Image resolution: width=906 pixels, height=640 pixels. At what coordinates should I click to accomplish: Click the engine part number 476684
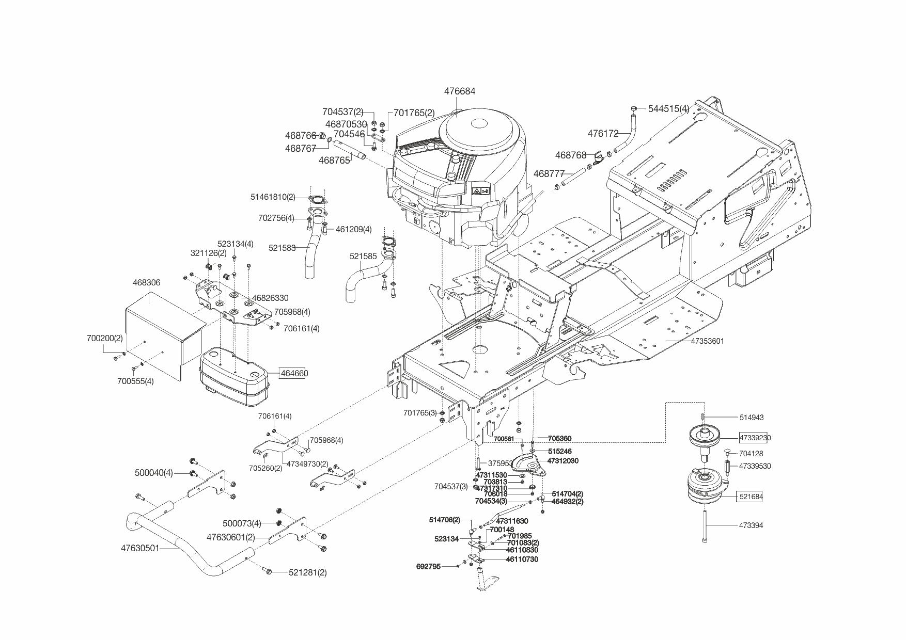(460, 91)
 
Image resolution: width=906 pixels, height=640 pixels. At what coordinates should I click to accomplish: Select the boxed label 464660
(293, 373)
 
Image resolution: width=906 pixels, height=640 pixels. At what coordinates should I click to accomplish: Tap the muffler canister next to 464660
(235, 377)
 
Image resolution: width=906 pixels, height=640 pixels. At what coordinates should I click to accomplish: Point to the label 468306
(146, 283)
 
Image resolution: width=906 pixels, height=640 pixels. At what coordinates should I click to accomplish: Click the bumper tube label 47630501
(140, 548)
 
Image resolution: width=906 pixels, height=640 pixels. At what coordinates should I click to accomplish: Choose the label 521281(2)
(307, 572)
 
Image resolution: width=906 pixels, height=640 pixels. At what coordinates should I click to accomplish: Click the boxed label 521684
(751, 497)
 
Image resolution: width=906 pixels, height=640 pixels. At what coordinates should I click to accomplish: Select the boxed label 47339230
(755, 438)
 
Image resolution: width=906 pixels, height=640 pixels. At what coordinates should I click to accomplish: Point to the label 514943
(751, 418)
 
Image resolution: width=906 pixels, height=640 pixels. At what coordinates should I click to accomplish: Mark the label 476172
(603, 134)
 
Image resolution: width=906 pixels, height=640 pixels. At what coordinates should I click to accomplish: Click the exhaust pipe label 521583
(282, 248)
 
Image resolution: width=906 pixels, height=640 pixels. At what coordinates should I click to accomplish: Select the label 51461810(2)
(273, 197)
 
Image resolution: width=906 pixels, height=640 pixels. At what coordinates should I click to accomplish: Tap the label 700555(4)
(135, 381)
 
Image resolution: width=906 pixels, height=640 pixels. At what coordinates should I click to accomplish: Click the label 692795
(428, 567)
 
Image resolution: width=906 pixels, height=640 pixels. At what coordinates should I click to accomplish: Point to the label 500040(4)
(154, 473)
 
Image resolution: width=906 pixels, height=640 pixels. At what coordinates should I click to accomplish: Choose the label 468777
(549, 174)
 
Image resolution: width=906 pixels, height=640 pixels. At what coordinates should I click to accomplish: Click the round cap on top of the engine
(479, 124)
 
